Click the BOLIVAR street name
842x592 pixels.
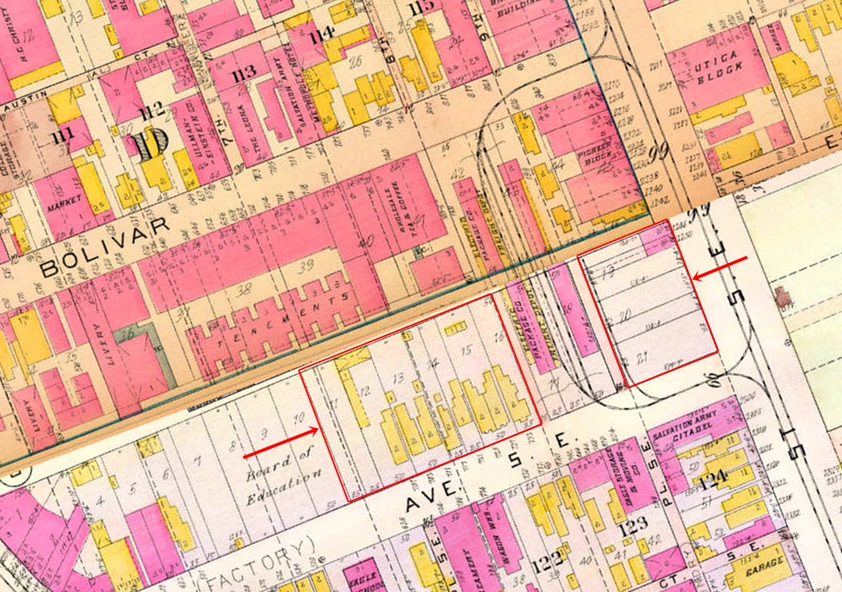pos(105,246)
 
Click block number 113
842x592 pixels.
pos(243,74)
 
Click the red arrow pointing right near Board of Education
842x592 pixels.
pos(281,442)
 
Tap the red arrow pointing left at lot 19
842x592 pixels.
pos(719,268)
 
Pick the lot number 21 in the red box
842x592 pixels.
pos(643,358)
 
